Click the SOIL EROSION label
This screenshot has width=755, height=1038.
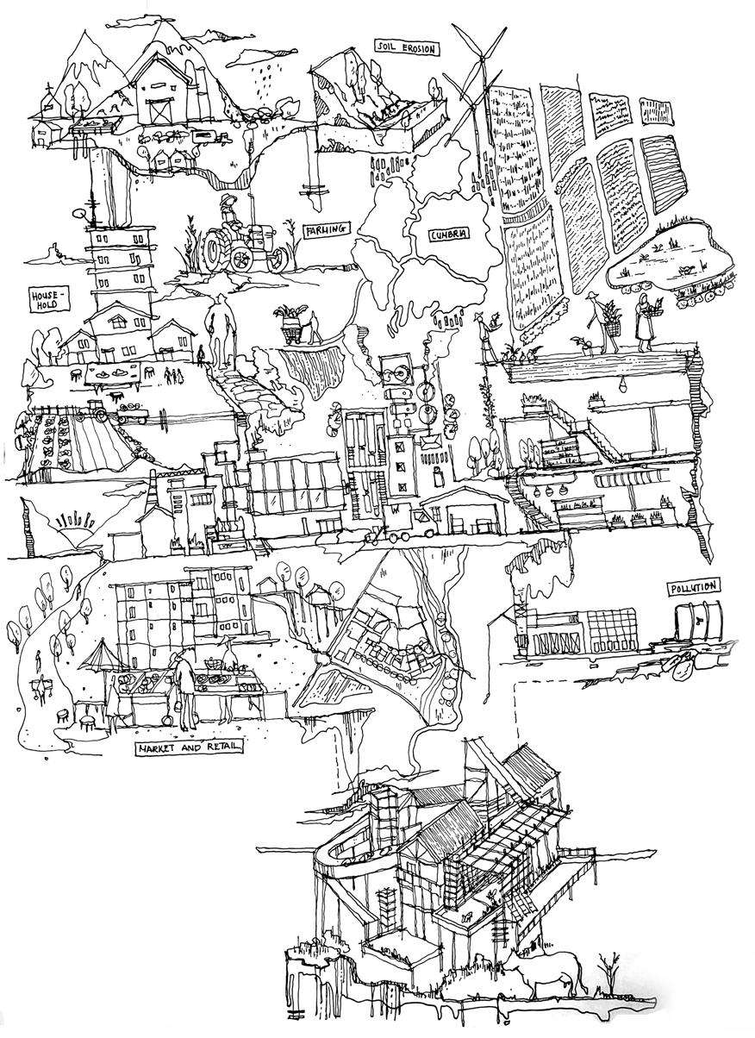pos(406,48)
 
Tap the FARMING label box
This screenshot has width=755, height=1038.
pos(326,230)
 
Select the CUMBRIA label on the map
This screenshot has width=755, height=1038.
pos(448,234)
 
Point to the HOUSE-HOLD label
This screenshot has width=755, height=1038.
pos(46,299)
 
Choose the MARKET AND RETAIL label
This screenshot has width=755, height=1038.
pos(188,748)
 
